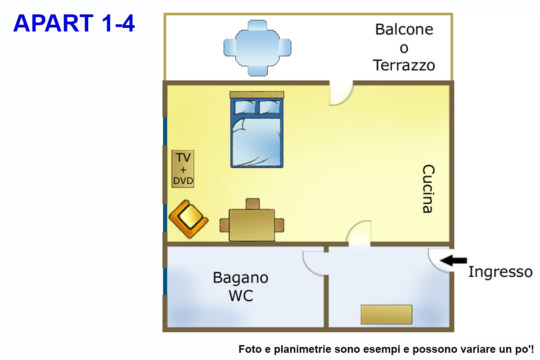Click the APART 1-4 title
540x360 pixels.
74,23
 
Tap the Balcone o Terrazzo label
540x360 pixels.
404,48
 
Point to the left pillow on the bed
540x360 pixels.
244,107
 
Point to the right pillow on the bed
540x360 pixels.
270,107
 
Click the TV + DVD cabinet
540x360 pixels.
183,169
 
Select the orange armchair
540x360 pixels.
189,218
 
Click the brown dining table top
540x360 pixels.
252,225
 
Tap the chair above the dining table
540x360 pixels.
253,204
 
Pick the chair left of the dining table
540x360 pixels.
225,225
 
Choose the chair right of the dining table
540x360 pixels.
279,225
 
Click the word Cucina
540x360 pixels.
428,189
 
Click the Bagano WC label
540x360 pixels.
241,286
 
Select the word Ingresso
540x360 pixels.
500,272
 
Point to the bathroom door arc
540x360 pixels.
313,263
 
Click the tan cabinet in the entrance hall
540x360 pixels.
387,314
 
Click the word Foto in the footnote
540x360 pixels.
249,349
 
